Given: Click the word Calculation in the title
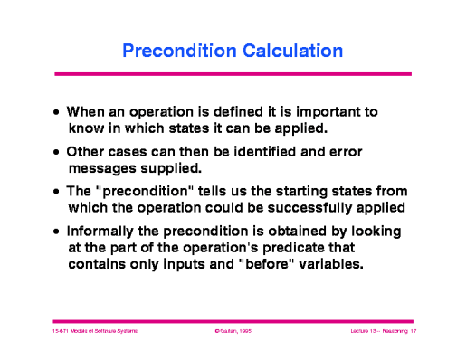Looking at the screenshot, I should point(289,51).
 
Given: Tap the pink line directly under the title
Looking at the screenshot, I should point(233,73).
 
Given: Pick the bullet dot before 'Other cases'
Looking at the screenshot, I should point(57,152).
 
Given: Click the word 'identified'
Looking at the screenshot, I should point(276,151).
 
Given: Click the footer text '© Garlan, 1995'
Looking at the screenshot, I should point(233,332).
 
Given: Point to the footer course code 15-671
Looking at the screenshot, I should point(61,332).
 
